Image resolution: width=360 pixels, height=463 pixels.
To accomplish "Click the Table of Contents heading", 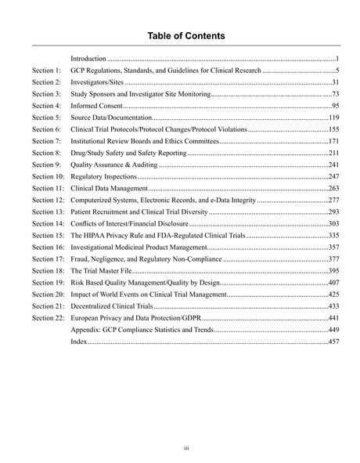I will [180, 36].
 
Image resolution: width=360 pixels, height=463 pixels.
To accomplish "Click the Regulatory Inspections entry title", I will [103, 177].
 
